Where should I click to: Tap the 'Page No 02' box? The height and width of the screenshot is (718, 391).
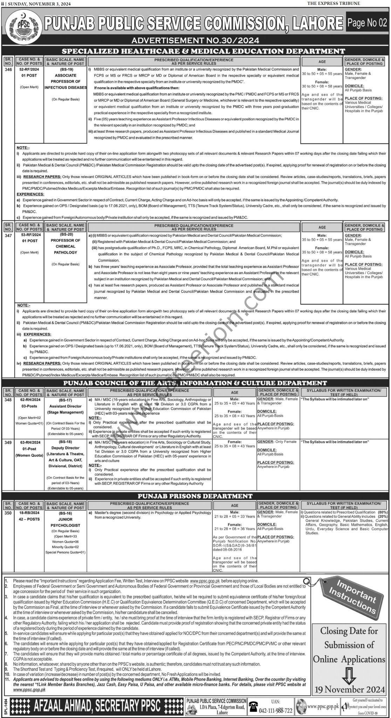pos(367,23)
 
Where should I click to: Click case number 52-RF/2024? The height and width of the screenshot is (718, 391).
pos(29,70)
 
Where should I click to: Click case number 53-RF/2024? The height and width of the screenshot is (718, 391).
pos(29,236)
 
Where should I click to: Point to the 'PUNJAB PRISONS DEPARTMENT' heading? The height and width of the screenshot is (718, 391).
pos(195,496)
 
